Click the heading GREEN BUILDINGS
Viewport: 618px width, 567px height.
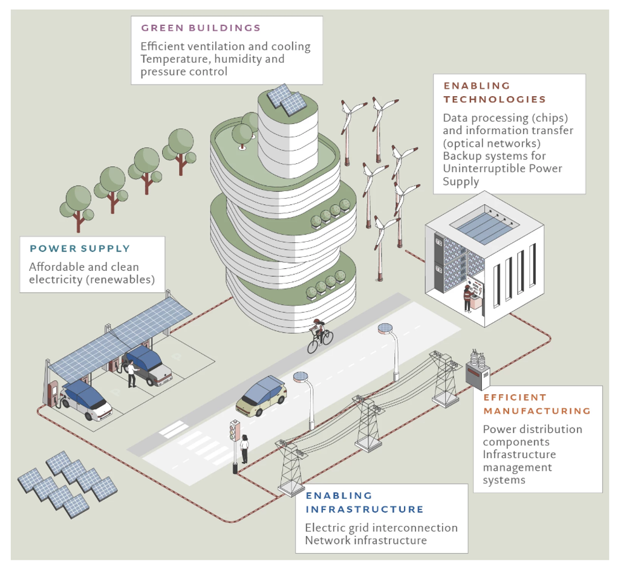tap(201, 28)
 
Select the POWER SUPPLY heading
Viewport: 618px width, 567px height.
tap(80, 248)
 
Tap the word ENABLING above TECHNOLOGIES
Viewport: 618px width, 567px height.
tap(477, 86)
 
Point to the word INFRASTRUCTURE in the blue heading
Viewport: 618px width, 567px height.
tap(365, 509)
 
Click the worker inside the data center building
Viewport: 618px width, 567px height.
tap(467, 299)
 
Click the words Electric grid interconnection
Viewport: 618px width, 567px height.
tap(381, 528)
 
